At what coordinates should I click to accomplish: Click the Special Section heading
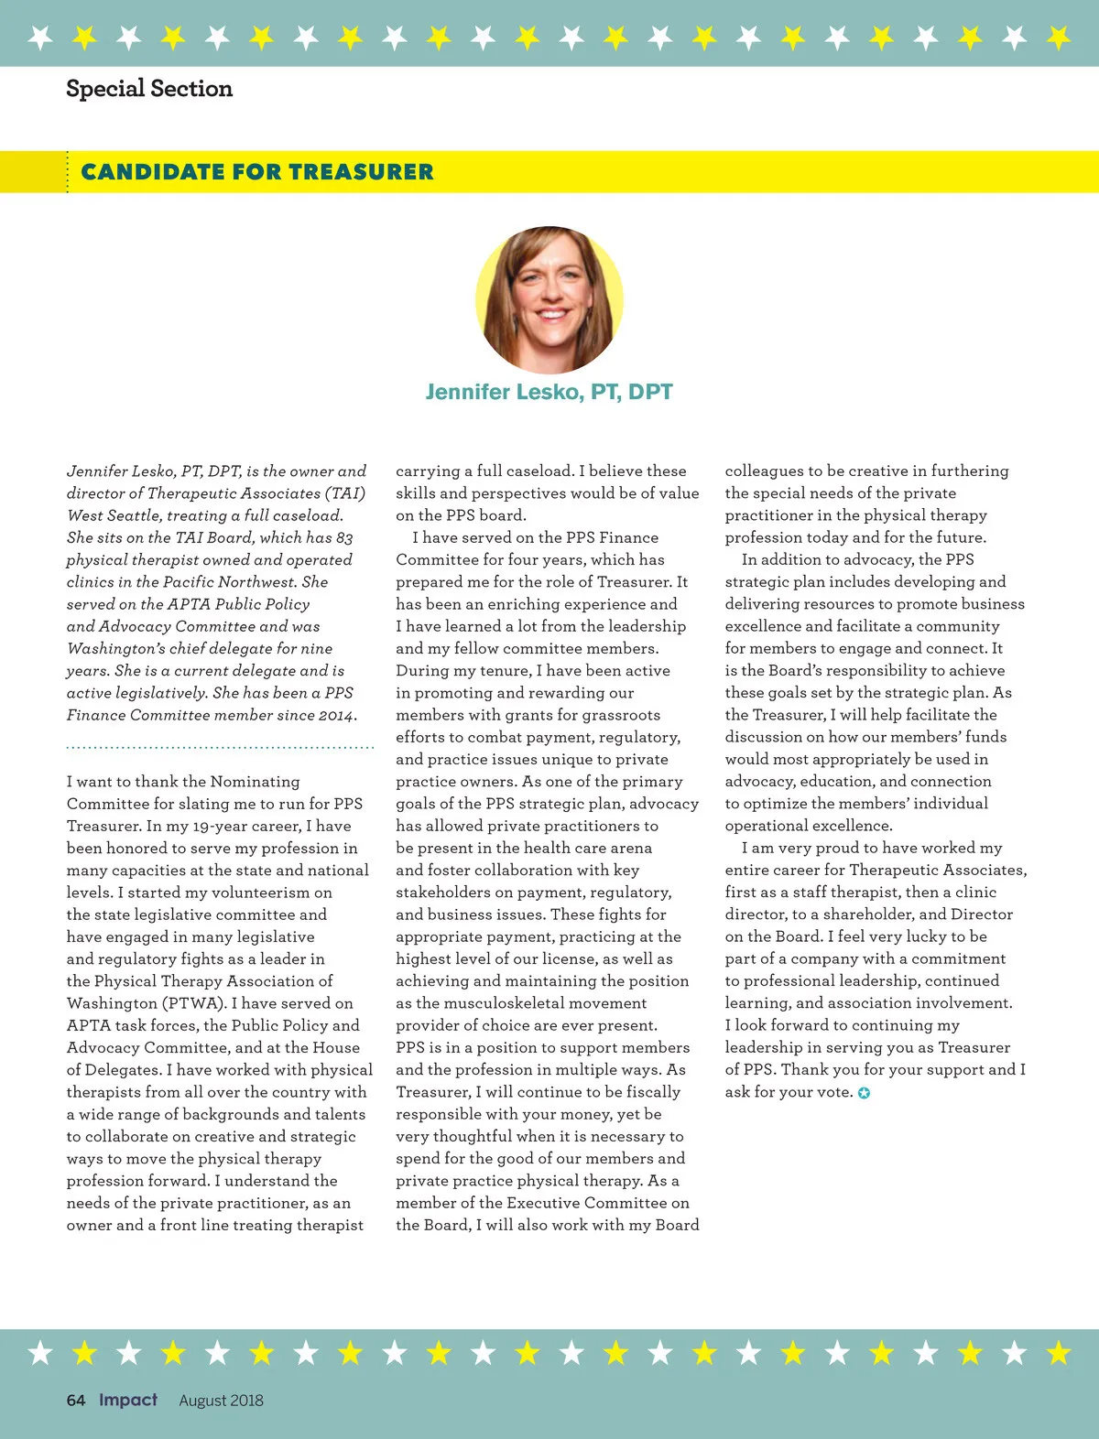pos(149,89)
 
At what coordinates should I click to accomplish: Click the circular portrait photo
pos(549,300)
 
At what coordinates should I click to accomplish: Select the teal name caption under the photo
pos(549,392)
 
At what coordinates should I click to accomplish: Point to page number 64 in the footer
pos(76,1400)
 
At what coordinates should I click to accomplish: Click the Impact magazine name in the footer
pos(128,1400)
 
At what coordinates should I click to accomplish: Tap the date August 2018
pos(221,1401)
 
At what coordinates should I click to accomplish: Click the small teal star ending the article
pos(864,1093)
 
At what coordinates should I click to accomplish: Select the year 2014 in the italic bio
pos(336,715)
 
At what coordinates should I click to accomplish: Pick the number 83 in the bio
pos(343,537)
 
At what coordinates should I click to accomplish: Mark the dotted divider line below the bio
pos(220,748)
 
